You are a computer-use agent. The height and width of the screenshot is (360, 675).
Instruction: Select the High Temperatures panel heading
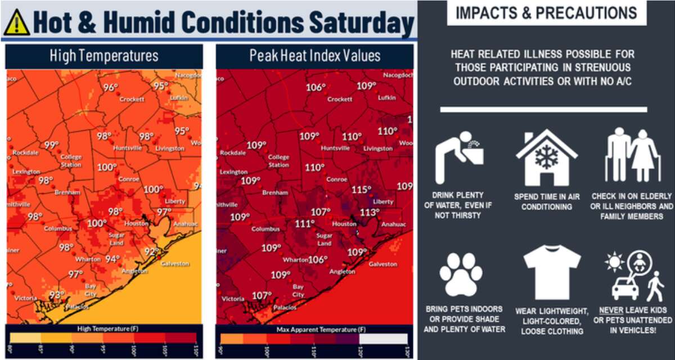(x=103, y=56)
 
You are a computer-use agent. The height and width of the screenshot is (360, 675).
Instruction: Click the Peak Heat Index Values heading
(x=314, y=56)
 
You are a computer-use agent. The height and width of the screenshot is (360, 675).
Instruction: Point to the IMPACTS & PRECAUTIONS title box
(x=545, y=13)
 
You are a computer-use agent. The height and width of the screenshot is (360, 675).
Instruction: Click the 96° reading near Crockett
(x=110, y=87)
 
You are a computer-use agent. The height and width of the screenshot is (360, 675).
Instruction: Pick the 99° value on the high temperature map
(x=51, y=145)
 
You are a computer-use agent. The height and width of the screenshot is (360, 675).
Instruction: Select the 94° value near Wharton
(x=112, y=259)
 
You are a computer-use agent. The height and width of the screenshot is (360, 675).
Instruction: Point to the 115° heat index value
(x=361, y=190)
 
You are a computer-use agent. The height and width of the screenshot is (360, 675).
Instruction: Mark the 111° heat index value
(x=304, y=223)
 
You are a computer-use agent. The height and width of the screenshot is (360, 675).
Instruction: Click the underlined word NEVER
(x=611, y=310)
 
